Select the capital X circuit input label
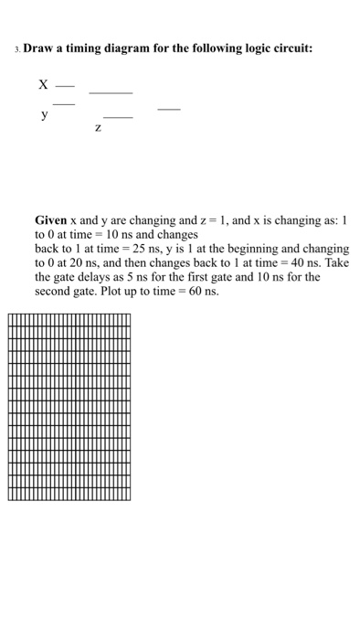click(42, 84)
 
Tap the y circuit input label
click(42, 115)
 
